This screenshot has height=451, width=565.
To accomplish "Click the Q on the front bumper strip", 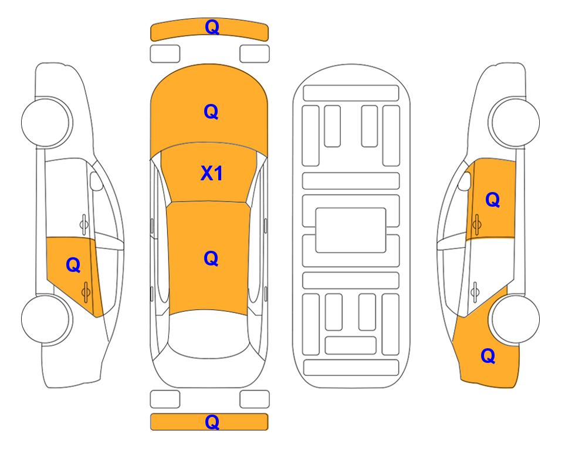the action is pos(212,27).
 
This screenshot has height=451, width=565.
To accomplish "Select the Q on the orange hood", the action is pos(211,112).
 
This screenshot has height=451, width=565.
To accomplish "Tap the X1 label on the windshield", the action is pos(212,173).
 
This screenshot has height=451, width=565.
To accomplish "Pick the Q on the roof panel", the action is pos(211,258).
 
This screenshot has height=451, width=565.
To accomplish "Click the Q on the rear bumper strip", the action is pos(212,422).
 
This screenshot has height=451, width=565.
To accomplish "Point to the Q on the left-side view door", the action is pos(73,265).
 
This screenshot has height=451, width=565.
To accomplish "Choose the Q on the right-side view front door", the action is pos(493,200).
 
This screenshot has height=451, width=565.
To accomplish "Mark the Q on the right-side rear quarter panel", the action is pos(488,356).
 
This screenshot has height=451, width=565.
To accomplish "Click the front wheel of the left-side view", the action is pos(46,122).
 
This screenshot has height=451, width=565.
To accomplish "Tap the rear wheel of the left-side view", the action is pos(46,319).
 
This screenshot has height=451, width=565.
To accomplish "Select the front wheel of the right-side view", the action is pos(515,122).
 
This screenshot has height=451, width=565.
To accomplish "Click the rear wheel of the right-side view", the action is pos(515,319).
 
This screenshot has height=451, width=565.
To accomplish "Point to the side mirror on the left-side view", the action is pos(96,181).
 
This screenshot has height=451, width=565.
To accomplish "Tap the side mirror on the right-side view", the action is pos(465,181).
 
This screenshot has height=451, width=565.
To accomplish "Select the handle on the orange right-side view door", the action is pos(476,224).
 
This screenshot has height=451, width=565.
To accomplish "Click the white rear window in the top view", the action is pos(208,335).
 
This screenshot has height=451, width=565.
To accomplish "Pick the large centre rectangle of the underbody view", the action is pos(351,230).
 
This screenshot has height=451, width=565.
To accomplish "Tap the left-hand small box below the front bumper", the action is pos(165,54).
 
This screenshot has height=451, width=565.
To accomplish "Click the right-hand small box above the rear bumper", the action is pos(255,399).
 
